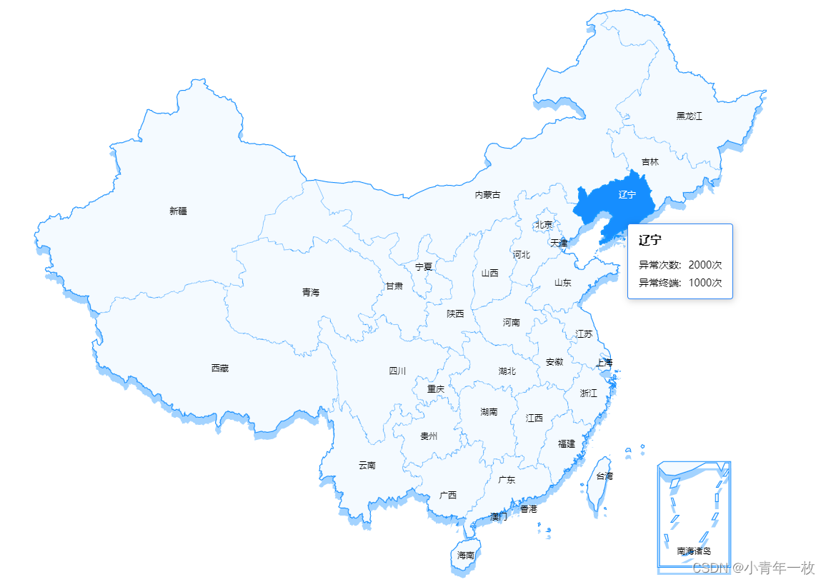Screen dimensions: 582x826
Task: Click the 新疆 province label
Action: tap(178, 211)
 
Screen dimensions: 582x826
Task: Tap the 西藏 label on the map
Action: tap(220, 368)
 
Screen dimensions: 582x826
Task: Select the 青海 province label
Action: tap(311, 292)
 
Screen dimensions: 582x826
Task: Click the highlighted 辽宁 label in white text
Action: tap(627, 195)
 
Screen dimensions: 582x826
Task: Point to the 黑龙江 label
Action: tap(690, 116)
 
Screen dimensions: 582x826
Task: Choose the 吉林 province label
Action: tap(650, 162)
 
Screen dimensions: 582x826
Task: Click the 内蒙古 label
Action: tap(488, 195)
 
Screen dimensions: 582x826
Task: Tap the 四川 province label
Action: tap(397, 371)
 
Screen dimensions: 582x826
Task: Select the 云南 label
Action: tap(367, 466)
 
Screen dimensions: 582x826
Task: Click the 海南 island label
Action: tap(466, 556)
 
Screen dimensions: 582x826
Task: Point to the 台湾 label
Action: tap(604, 476)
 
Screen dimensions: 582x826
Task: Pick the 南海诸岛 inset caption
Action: tap(694, 551)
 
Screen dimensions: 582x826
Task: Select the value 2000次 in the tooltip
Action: tap(705, 265)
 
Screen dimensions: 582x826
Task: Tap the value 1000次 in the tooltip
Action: tap(705, 283)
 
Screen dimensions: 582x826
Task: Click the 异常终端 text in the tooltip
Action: tap(660, 283)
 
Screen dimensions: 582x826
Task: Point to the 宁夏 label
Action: tap(424, 266)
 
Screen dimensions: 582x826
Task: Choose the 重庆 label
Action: tap(436, 389)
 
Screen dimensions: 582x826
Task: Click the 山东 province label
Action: tap(563, 283)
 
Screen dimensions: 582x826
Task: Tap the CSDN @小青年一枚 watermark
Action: tap(754, 568)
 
